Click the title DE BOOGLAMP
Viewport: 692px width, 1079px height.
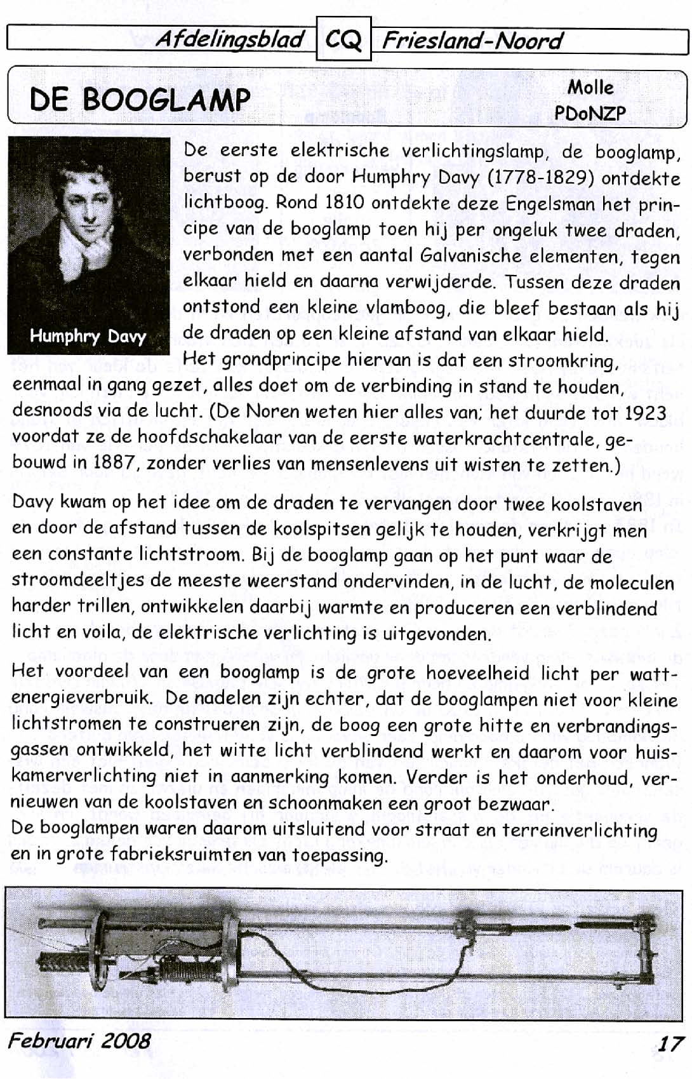coord(140,99)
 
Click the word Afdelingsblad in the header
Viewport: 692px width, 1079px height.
coord(230,39)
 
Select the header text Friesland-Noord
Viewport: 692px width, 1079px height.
coord(472,41)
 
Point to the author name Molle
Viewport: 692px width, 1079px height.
coord(590,87)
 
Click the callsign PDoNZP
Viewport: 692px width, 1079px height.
coord(590,113)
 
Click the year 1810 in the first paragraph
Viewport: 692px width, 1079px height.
coord(344,203)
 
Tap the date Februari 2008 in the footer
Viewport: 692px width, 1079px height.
coord(79,1041)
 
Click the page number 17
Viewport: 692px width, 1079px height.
coord(670,1043)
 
